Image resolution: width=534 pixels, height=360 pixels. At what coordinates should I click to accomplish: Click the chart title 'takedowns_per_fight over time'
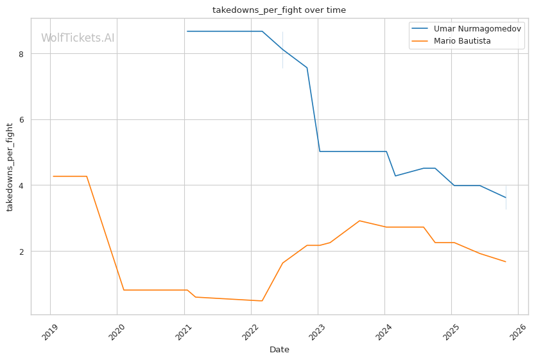tap(279, 10)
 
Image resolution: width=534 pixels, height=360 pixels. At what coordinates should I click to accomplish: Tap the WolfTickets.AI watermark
tap(78, 38)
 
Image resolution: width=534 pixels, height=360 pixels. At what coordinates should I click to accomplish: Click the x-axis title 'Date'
tap(279, 350)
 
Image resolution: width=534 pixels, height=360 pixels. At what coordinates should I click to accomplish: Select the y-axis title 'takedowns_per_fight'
tap(10, 166)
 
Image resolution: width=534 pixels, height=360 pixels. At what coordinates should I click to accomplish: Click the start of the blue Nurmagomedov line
tap(187, 31)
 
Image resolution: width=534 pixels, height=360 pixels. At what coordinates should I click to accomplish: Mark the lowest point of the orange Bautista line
tap(262, 301)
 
